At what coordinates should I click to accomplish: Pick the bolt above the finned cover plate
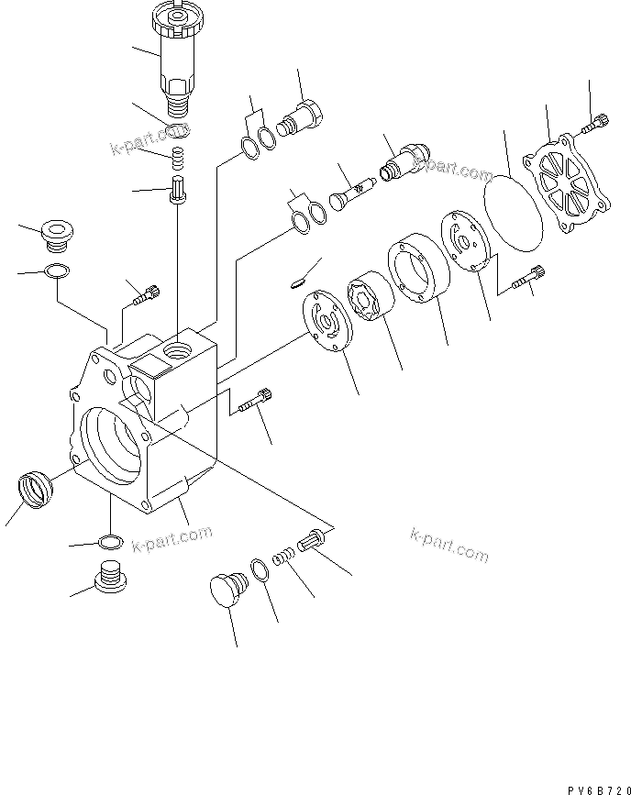(x=596, y=119)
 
